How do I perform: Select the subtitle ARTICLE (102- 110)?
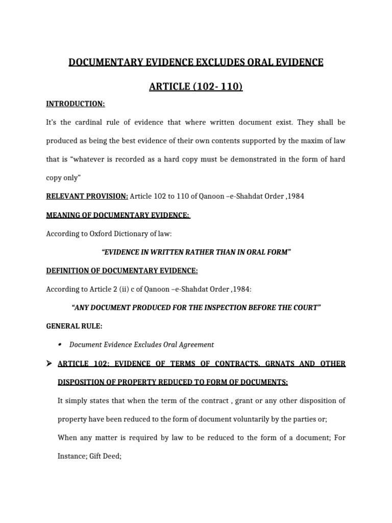195,87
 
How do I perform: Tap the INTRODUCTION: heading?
76,104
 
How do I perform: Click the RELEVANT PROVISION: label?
87,196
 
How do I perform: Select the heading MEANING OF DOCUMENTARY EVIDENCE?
118,215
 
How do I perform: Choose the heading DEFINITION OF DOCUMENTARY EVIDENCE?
122,270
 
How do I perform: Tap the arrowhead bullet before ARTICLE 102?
50,363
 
